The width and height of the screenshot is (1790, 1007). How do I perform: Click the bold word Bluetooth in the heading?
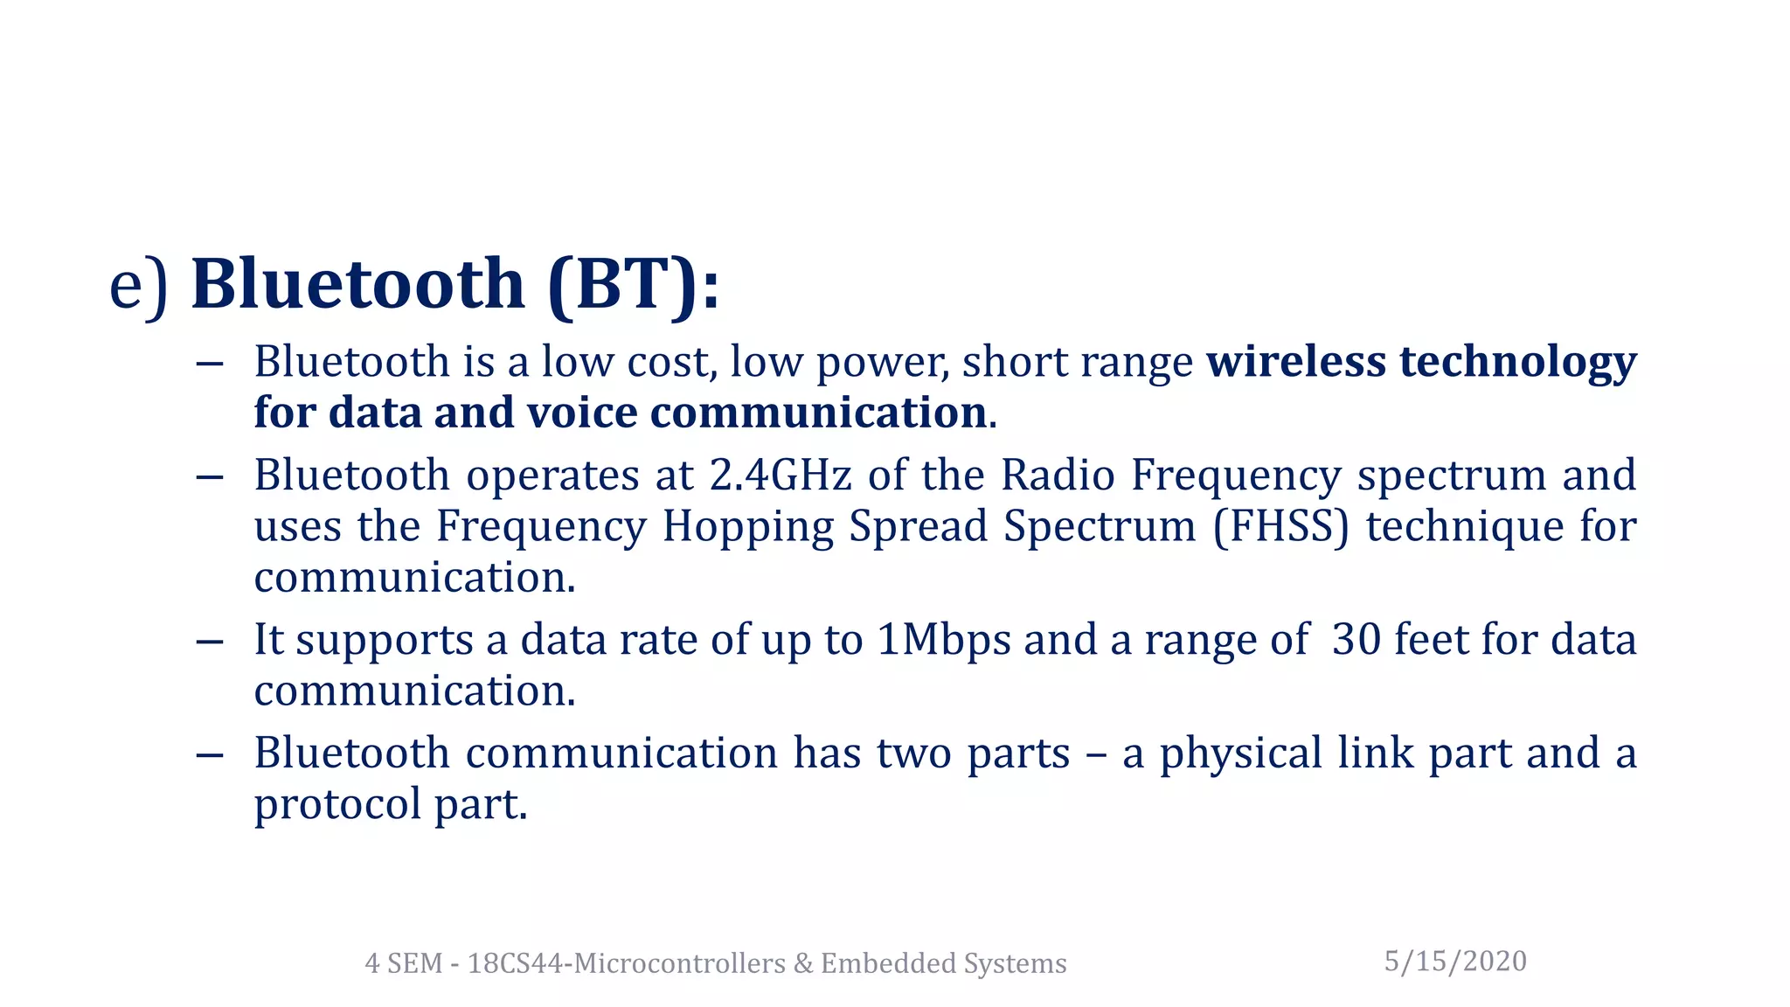click(357, 284)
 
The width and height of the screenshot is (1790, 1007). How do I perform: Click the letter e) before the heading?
click(137, 287)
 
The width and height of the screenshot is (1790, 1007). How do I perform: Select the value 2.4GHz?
click(780, 476)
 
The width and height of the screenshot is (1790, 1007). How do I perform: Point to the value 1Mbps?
click(944, 640)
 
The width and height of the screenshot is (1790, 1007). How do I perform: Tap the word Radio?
click(1058, 476)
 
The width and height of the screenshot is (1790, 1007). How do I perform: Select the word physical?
click(1240, 754)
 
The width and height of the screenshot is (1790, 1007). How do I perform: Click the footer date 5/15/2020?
click(1455, 962)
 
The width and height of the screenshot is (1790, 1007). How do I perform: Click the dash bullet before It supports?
click(210, 641)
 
